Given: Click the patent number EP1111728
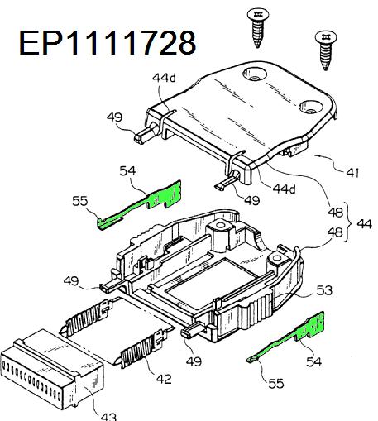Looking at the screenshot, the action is (108, 42).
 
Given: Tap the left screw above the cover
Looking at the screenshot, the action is (258, 27).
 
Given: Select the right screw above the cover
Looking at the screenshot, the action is (326, 50).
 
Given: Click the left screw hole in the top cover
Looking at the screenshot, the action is (255, 74).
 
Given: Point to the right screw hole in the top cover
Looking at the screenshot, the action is (310, 107).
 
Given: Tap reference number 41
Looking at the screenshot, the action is (353, 173).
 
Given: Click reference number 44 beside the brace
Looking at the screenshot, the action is (365, 223).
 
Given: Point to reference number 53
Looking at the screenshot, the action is (324, 290).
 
